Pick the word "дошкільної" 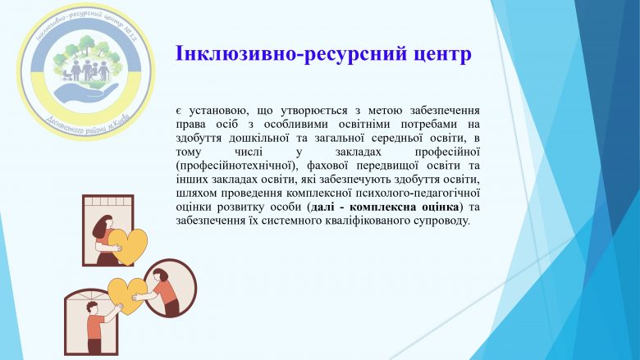coord(258,138)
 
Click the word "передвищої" coord(387,166)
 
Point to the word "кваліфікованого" coord(372,221)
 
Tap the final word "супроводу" coord(446,221)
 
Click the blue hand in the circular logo coord(86,92)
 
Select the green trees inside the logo coord(87,50)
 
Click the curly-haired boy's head coord(92,308)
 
